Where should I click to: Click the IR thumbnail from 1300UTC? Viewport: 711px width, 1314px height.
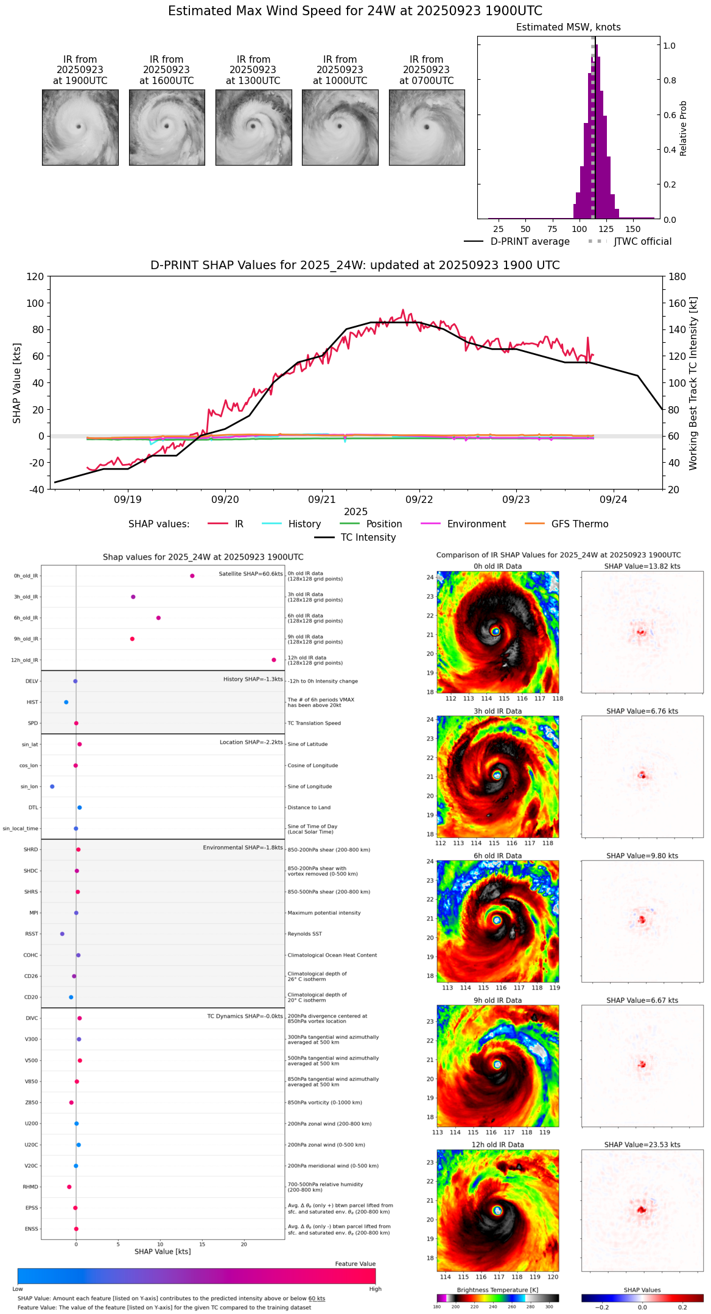point(253,127)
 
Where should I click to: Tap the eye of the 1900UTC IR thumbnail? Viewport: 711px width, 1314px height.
point(79,127)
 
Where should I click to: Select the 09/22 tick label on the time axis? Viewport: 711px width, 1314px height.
point(419,500)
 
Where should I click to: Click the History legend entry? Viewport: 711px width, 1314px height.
point(304,524)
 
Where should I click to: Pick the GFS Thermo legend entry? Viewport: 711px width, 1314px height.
point(580,524)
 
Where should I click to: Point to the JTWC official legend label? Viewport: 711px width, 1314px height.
point(642,242)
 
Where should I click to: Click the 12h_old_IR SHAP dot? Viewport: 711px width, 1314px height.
point(274,660)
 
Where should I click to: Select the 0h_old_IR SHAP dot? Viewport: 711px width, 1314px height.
point(192,576)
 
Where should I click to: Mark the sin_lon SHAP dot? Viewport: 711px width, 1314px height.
point(52,787)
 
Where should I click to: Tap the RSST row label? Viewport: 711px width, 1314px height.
point(31,934)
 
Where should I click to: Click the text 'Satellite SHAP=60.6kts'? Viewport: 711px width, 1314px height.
point(251,574)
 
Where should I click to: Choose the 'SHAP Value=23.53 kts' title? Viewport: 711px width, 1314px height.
point(642,1145)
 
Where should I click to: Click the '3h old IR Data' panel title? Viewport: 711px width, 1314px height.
point(497,711)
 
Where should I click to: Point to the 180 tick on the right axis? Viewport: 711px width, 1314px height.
point(678,277)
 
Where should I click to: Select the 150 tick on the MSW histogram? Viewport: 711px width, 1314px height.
point(633,230)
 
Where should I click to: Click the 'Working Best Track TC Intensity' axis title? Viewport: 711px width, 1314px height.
point(693,384)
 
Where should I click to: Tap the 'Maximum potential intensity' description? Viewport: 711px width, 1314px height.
point(324,913)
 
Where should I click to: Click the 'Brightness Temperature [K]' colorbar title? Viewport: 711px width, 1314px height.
point(497,1290)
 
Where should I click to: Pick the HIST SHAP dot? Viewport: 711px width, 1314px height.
point(66,703)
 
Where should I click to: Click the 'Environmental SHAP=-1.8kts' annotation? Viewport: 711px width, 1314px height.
point(243,848)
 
